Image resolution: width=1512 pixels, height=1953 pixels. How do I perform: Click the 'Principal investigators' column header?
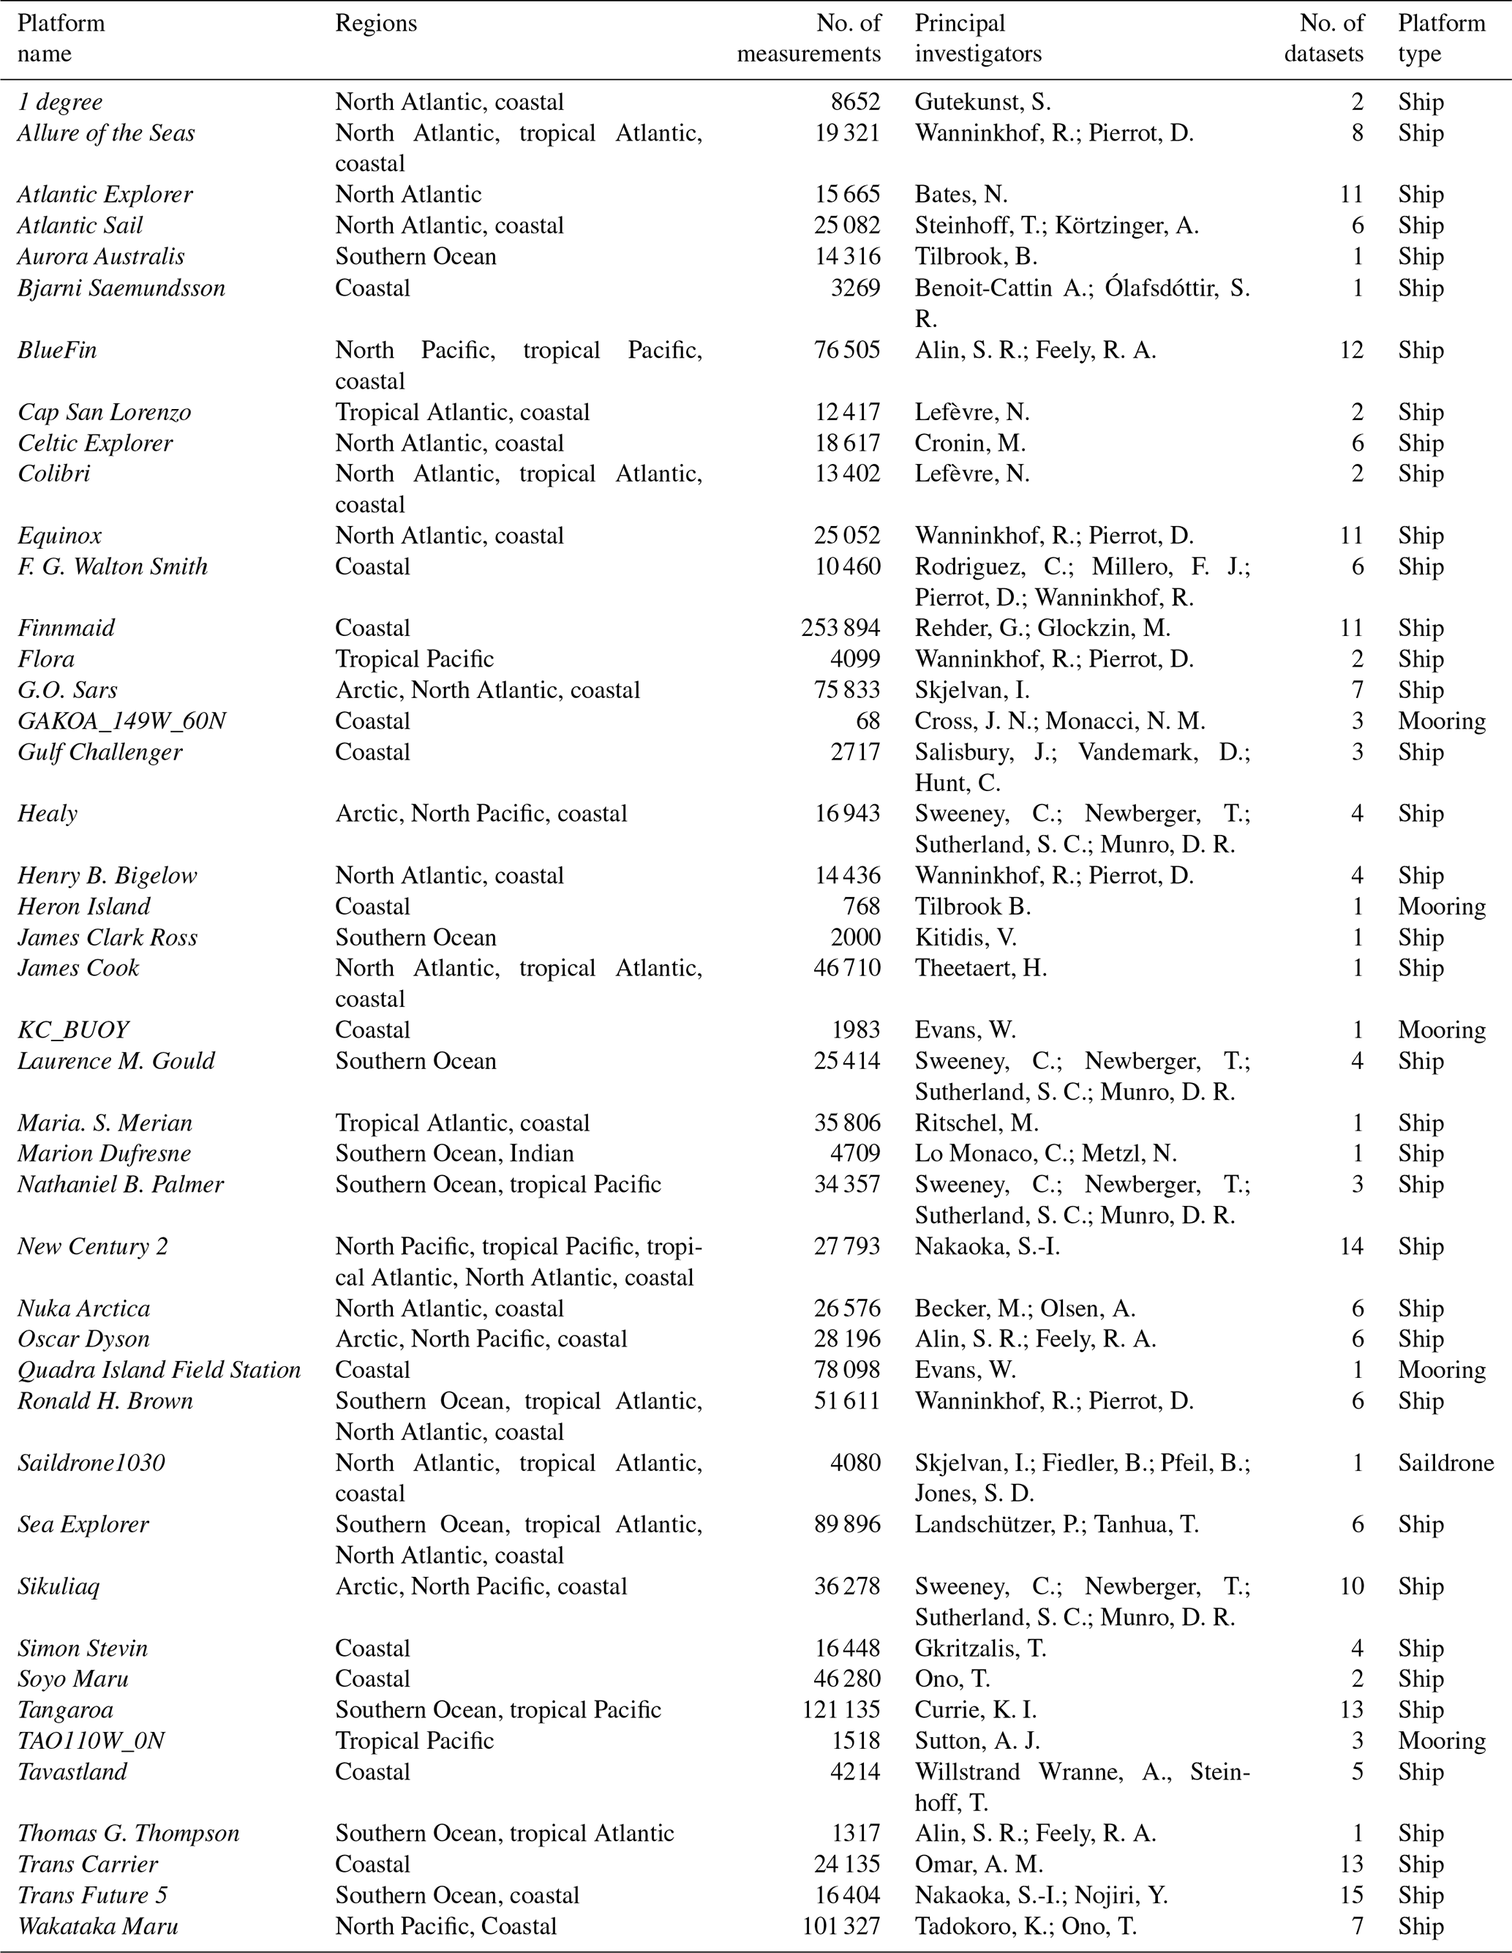[x=977, y=39]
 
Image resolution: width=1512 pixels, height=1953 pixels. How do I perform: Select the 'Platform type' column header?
[x=1441, y=39]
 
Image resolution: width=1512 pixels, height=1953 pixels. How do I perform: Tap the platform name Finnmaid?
[x=66, y=628]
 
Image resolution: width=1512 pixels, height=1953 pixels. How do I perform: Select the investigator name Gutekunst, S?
[x=982, y=102]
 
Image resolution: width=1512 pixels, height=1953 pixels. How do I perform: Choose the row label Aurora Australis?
[x=101, y=257]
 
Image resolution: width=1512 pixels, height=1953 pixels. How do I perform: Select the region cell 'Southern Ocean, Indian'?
[x=454, y=1153]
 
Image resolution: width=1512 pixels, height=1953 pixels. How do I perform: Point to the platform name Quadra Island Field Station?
[x=159, y=1370]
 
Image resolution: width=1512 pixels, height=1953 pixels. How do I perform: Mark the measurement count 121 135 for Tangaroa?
[x=840, y=1710]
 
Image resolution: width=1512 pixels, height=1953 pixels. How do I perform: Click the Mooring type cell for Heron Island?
[x=1441, y=907]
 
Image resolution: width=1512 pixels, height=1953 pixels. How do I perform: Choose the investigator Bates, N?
[x=960, y=194]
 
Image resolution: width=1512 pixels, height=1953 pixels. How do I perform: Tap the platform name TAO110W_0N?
[x=91, y=1741]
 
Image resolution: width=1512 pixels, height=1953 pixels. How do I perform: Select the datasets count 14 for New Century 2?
[x=1351, y=1247]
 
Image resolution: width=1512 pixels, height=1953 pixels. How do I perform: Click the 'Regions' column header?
[x=375, y=23]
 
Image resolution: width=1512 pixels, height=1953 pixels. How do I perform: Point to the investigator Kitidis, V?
[x=965, y=937]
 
